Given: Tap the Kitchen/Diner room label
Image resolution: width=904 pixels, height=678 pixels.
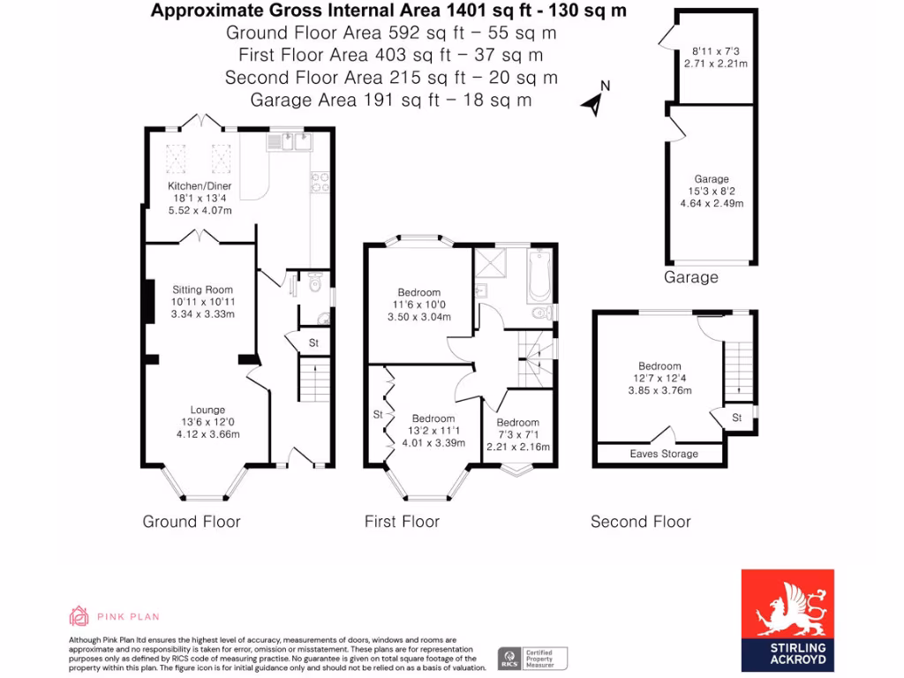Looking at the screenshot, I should tap(200, 186).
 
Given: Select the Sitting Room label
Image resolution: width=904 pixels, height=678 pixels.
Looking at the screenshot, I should tap(202, 290).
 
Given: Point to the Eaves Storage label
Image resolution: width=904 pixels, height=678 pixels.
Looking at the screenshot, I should tap(664, 454).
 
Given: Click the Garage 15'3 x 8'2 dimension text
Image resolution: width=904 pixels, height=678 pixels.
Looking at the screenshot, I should tap(711, 191).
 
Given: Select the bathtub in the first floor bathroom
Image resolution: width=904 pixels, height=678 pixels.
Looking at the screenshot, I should tap(539, 274).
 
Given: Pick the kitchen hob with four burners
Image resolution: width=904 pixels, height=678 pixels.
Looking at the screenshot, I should tap(320, 181).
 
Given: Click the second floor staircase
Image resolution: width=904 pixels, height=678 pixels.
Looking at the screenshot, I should tap(738, 372).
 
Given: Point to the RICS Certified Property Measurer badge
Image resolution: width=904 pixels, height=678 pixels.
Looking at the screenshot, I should tap(532, 659).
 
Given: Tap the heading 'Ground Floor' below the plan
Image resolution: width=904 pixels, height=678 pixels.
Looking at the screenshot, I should tap(192, 522).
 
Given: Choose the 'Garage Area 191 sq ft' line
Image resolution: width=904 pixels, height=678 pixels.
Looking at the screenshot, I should tap(391, 100).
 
